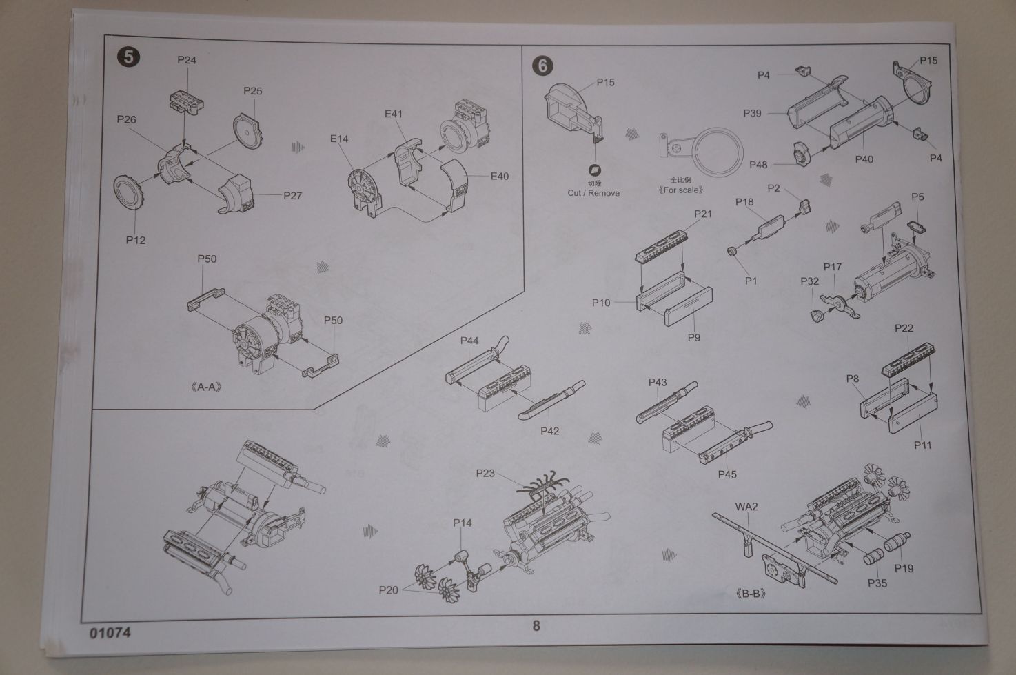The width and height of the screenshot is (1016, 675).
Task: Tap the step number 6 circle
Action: (x=542, y=66)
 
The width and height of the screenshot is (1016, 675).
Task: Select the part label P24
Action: (x=187, y=60)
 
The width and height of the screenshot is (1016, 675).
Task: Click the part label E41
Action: (x=394, y=114)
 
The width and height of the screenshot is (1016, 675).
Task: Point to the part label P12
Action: (x=136, y=240)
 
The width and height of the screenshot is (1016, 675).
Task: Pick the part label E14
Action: (x=339, y=139)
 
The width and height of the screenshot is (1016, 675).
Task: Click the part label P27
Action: (x=293, y=195)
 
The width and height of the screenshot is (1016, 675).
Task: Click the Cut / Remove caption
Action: (x=593, y=193)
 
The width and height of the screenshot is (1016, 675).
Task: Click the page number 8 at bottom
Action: (x=536, y=625)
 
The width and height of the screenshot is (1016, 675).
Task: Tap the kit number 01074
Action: (x=110, y=632)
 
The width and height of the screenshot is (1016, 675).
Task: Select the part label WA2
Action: (x=746, y=507)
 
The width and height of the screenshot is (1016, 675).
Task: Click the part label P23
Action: (x=485, y=473)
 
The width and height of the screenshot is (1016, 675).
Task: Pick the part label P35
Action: (x=877, y=583)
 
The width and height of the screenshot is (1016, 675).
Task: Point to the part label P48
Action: (x=758, y=165)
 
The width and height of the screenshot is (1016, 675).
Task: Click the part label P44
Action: (x=469, y=341)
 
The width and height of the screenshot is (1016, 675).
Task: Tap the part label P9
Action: (x=693, y=336)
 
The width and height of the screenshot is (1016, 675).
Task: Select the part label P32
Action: (x=810, y=281)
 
